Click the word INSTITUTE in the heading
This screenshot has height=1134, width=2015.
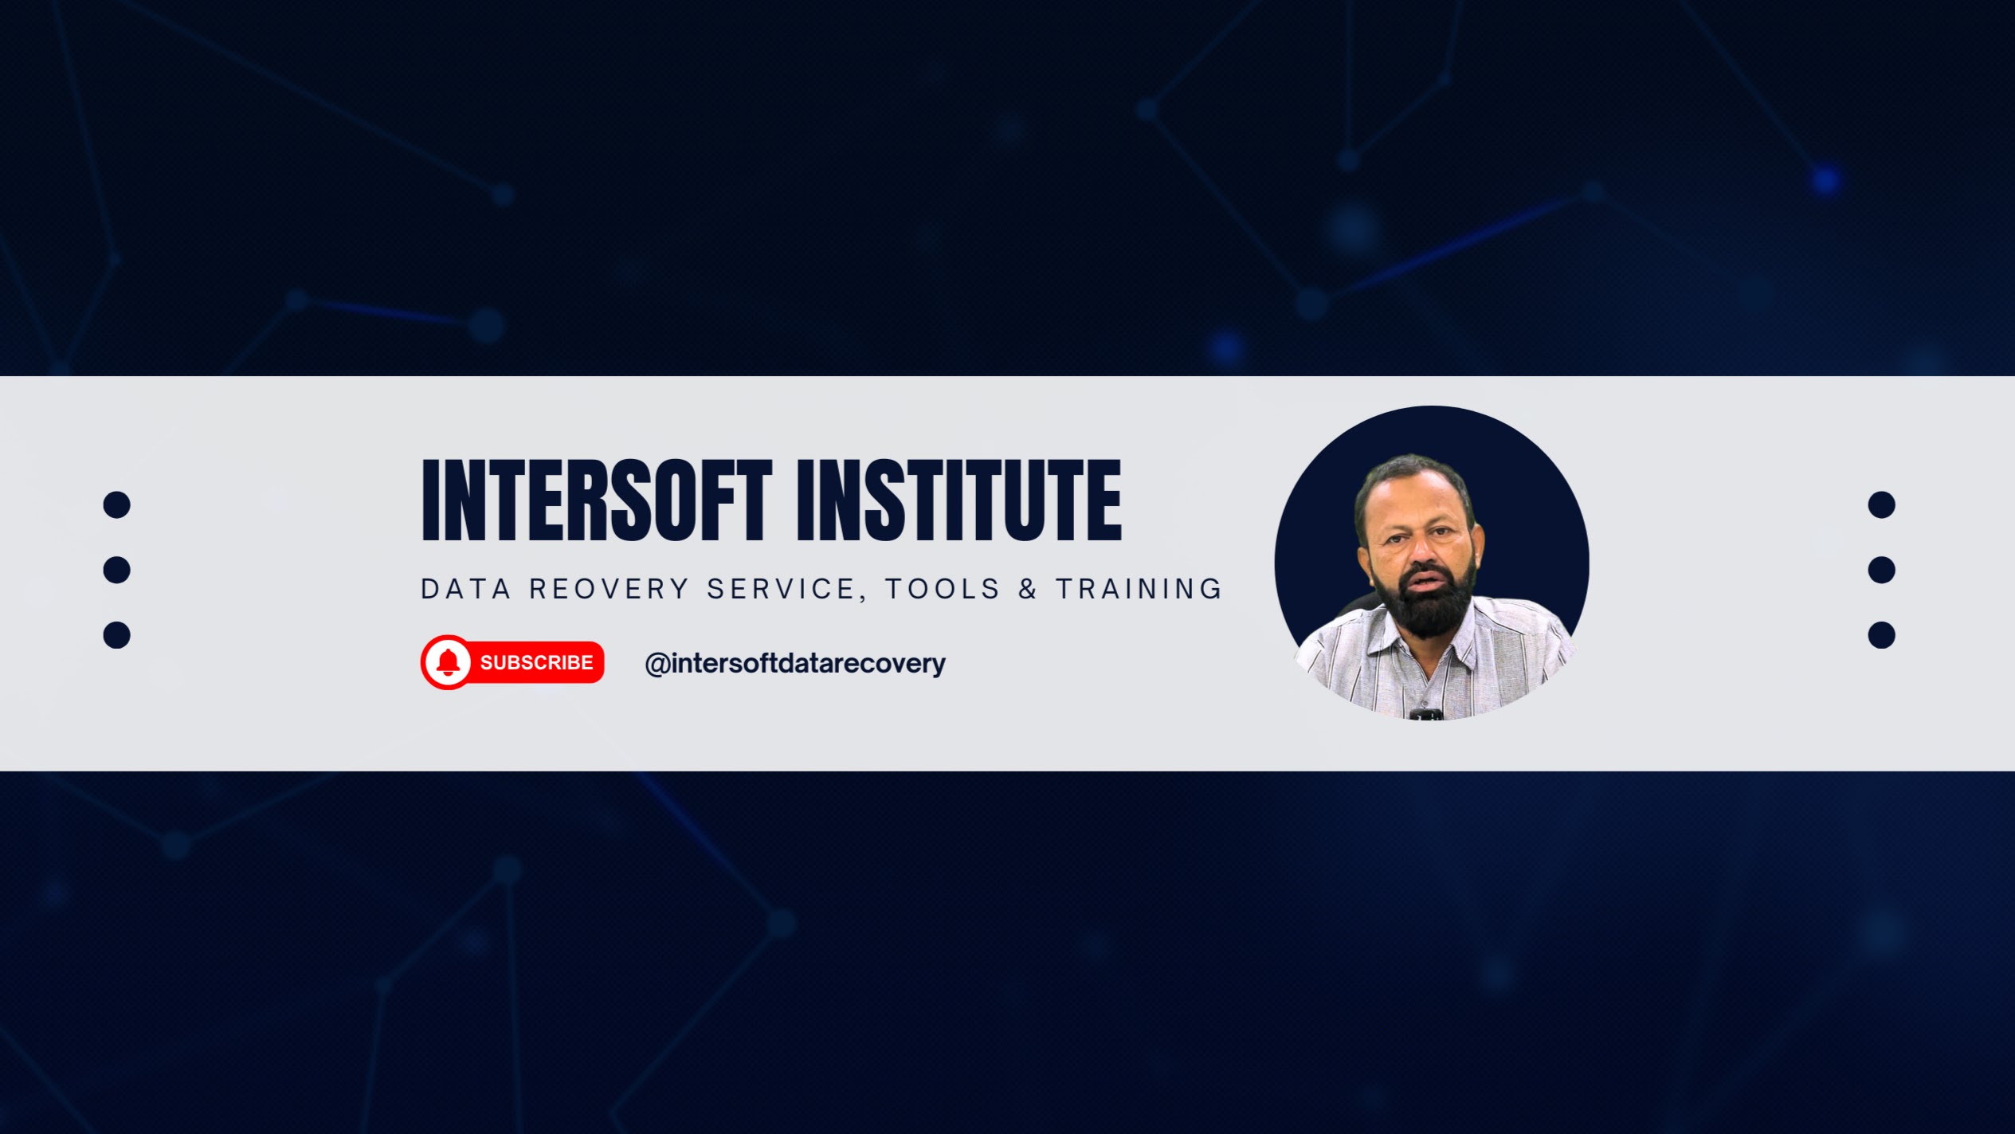[x=959, y=500]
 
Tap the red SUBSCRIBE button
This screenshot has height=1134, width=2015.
[x=512, y=662]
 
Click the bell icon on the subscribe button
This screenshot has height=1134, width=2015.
[x=449, y=662]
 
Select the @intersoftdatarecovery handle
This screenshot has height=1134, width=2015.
[x=795, y=663]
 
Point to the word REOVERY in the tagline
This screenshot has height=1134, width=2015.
[x=610, y=589]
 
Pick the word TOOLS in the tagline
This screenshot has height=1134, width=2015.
[x=943, y=589]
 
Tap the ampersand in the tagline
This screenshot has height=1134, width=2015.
[x=1029, y=589]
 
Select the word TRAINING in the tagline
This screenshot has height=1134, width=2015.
[x=1139, y=589]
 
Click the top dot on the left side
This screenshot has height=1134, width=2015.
[x=116, y=504]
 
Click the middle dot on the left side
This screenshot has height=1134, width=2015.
[x=116, y=570]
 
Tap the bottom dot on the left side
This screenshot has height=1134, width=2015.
[x=116, y=635]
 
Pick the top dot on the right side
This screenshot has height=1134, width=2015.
[x=1881, y=504]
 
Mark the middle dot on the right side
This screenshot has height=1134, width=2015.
[x=1881, y=570]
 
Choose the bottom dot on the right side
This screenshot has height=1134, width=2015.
[x=1881, y=635]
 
